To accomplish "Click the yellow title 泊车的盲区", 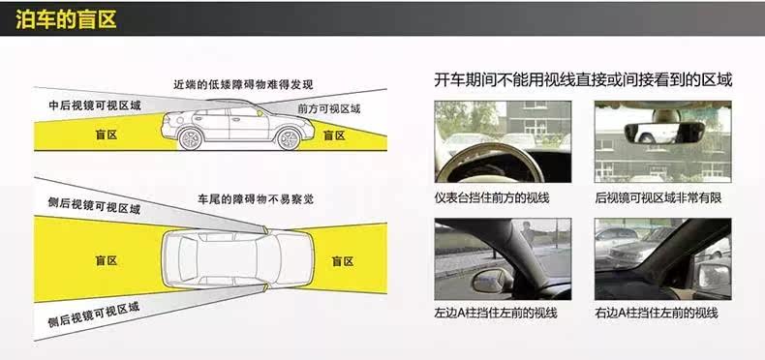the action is [66, 20].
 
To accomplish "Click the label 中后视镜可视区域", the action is [95, 105].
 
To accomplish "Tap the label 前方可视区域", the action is [329, 108].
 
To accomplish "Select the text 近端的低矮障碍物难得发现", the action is [243, 84].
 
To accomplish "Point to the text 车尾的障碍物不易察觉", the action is [256, 199].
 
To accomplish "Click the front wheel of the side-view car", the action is [288, 139].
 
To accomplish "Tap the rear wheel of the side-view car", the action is [190, 139].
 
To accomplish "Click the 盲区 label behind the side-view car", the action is [106, 135].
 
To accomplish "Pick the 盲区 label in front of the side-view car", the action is [334, 135].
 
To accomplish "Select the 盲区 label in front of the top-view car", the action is [343, 261].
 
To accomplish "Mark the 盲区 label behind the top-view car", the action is [106, 260].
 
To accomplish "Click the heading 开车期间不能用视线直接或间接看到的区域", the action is [583, 80].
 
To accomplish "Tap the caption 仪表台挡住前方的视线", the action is [492, 197].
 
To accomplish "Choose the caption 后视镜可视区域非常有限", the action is [658, 197].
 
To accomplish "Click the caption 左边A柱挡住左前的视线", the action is [496, 313].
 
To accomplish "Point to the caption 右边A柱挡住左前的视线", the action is [657, 313].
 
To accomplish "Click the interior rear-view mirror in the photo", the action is [664, 133].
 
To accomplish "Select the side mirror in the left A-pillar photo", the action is [492, 282].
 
